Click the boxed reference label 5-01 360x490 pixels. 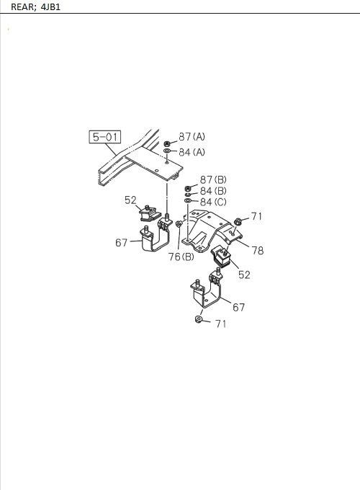click(x=105, y=137)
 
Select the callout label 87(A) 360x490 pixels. click(x=192, y=137)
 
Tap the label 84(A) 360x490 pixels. click(x=192, y=152)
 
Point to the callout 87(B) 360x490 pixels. click(x=213, y=179)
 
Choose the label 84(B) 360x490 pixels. click(x=213, y=191)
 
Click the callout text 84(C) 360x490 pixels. click(x=213, y=202)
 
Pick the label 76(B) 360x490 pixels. click(x=181, y=257)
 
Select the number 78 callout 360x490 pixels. click(x=258, y=250)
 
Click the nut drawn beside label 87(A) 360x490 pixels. click(x=167, y=143)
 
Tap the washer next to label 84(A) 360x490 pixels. click(x=167, y=151)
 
